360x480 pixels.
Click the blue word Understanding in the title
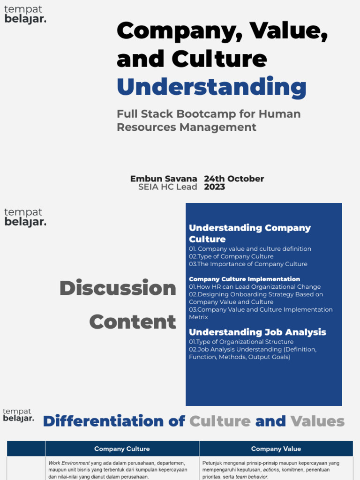pos(211,87)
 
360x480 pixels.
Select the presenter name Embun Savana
pos(164,179)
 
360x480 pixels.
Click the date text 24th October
pos(234,179)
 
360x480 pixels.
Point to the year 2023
pos(214,187)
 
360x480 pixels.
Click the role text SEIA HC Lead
pos(167,187)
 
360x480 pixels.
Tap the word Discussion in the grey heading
pos(118,288)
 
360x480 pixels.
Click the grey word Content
pos(133,322)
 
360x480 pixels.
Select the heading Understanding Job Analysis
pos(257,332)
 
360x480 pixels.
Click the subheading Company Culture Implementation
pos(244,279)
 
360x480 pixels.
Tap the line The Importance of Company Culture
pos(249,264)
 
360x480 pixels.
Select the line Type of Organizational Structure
pos(242,342)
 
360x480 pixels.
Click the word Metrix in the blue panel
pos(198,317)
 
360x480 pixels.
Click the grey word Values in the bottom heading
pos(317,421)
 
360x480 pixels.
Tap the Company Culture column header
pos(122,449)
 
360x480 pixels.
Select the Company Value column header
pos(276,449)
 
